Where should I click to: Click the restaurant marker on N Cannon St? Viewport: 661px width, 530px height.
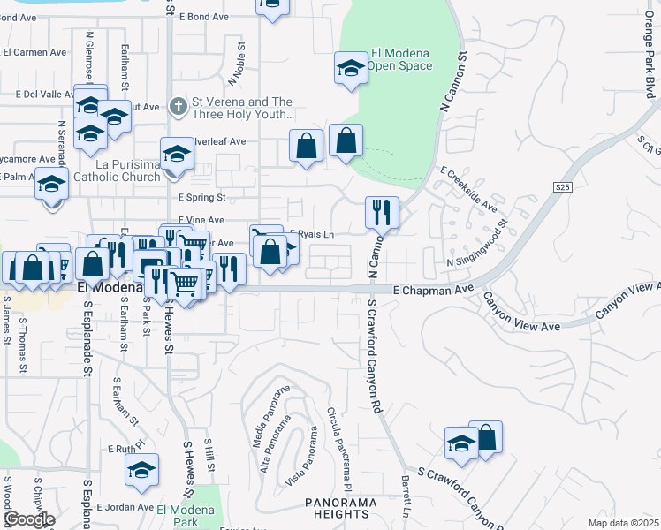pos(382,212)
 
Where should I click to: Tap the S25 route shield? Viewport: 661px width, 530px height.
pos(563,187)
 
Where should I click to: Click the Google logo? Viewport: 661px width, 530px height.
pos(29,519)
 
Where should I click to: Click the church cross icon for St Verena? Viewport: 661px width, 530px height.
pos(178,107)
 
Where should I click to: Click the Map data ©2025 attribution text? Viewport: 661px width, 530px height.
pos(622,523)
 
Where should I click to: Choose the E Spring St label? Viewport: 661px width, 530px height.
pos(201,198)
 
